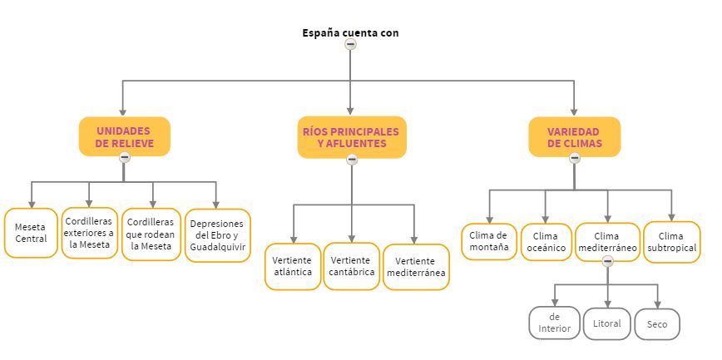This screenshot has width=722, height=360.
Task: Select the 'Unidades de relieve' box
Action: (124, 136)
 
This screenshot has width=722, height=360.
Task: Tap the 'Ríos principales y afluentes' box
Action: (352, 136)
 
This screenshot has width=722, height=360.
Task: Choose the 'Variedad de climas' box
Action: (574, 136)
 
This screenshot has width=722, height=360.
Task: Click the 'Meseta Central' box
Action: (31, 233)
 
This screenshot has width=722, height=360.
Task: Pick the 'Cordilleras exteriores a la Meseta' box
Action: (90, 233)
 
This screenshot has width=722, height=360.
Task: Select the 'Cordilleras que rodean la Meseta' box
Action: (151, 234)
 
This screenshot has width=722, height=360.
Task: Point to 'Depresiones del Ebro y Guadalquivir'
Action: (216, 235)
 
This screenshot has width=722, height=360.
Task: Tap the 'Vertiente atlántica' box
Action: (293, 266)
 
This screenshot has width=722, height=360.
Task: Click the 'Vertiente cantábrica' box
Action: (351, 266)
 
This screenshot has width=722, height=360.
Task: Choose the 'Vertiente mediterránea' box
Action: (415, 267)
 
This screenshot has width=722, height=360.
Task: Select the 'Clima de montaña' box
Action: (489, 241)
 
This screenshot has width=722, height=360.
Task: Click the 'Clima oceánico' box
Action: (545, 242)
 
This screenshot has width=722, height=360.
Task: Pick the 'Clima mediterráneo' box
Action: (607, 241)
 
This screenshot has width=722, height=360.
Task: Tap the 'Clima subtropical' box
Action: (670, 241)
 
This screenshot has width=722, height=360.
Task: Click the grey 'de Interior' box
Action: (554, 323)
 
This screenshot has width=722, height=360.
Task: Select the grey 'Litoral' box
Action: (607, 323)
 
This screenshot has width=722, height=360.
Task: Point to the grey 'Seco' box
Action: (657, 323)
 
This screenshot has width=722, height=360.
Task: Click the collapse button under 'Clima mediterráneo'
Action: (607, 261)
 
